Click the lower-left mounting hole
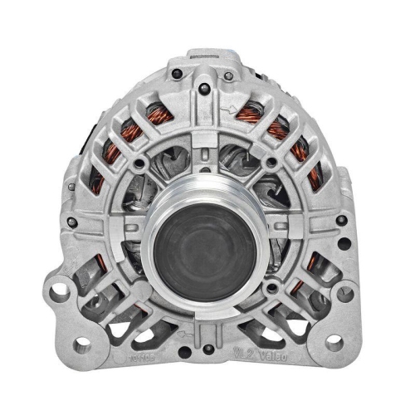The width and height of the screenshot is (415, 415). click(x=80, y=344)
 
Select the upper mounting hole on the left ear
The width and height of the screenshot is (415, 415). click(x=59, y=292)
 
